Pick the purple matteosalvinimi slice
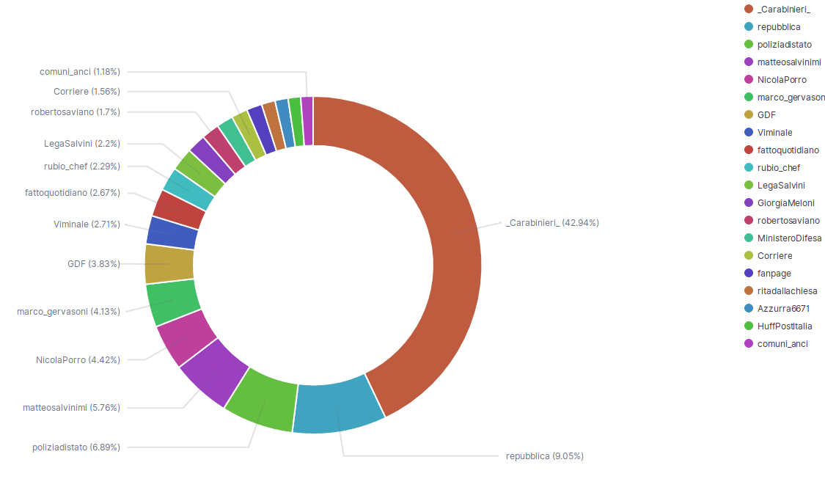coord(213,373)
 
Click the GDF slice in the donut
coord(169,264)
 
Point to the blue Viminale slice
coord(173,233)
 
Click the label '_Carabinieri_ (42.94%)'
coord(552,223)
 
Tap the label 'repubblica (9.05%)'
coord(544,456)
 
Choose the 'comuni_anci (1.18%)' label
coord(80,72)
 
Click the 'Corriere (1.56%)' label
coord(87,92)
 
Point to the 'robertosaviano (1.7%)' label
coord(76,112)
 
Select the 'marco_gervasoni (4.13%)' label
coord(69,312)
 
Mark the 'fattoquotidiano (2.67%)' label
coord(72,193)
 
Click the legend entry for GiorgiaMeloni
coord(785,203)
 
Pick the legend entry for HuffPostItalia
coord(785,326)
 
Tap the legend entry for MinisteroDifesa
coord(789,238)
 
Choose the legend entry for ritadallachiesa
coord(787,291)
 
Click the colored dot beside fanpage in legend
coord(749,274)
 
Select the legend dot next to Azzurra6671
coord(749,309)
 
